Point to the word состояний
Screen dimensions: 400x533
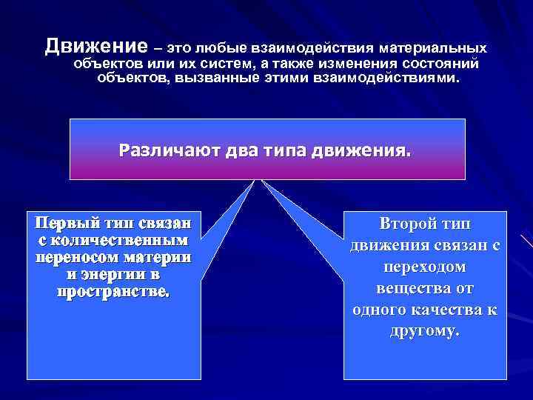444,63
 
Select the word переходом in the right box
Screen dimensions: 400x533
425,266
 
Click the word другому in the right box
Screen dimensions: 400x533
424,330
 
